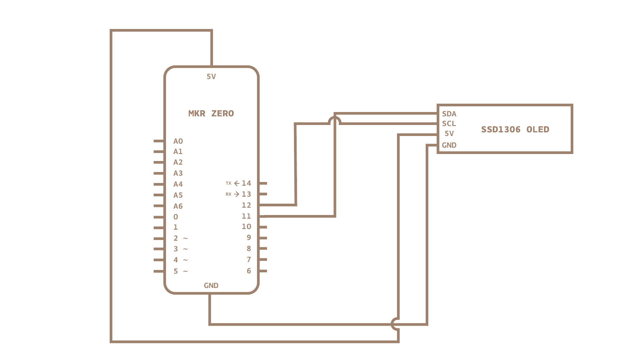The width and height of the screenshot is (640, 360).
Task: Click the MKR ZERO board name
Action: pos(211,114)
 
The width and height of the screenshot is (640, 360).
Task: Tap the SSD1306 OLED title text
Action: pos(515,129)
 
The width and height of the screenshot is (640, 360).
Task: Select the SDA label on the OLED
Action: pos(449,114)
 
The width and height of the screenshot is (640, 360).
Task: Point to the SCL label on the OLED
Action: pos(449,124)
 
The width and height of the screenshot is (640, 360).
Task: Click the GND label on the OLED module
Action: pos(449,145)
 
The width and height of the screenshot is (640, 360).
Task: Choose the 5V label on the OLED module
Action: pos(449,134)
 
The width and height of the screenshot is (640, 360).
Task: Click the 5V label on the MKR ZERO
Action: pos(211,77)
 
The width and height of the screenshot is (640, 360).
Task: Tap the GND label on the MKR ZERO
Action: pos(211,286)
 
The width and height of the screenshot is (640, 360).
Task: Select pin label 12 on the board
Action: pos(246,205)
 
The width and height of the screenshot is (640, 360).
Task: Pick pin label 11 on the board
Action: pos(246,216)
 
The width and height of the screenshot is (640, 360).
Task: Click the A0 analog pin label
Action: pos(178,141)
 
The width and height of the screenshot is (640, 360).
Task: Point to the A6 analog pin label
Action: pos(178,206)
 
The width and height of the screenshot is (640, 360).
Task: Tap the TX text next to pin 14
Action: pos(228,183)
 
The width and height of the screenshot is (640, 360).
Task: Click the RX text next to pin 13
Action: pos(228,194)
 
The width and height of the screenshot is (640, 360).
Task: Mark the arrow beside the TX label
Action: pos(237,183)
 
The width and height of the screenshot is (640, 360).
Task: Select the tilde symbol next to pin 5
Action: pos(185,272)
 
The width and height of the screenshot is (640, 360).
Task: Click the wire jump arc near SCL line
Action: pos(334,120)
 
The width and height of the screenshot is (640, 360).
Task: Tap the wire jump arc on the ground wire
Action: pos(395,324)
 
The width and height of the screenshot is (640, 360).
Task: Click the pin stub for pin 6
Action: pos(263,271)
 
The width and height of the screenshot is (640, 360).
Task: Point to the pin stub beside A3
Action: pos(159,173)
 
